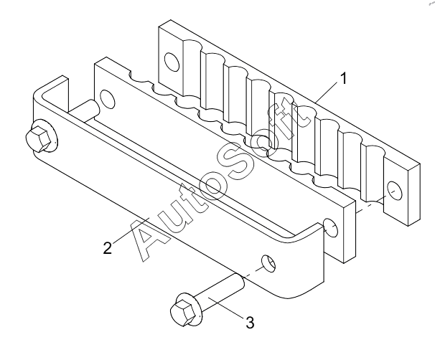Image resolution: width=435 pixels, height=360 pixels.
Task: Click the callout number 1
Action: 343,78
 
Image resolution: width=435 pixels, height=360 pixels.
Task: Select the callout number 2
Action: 108,247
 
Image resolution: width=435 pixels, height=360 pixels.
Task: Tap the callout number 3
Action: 250,323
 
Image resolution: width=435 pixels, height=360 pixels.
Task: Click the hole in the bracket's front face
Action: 268,263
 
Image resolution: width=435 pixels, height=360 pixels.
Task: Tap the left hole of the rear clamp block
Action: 172,61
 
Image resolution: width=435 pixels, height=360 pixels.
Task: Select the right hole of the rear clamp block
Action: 395,190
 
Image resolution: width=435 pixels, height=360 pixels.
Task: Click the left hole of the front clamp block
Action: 108,99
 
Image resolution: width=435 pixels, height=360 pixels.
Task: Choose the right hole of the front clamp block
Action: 331,227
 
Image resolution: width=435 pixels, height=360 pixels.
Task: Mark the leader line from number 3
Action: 227,308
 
